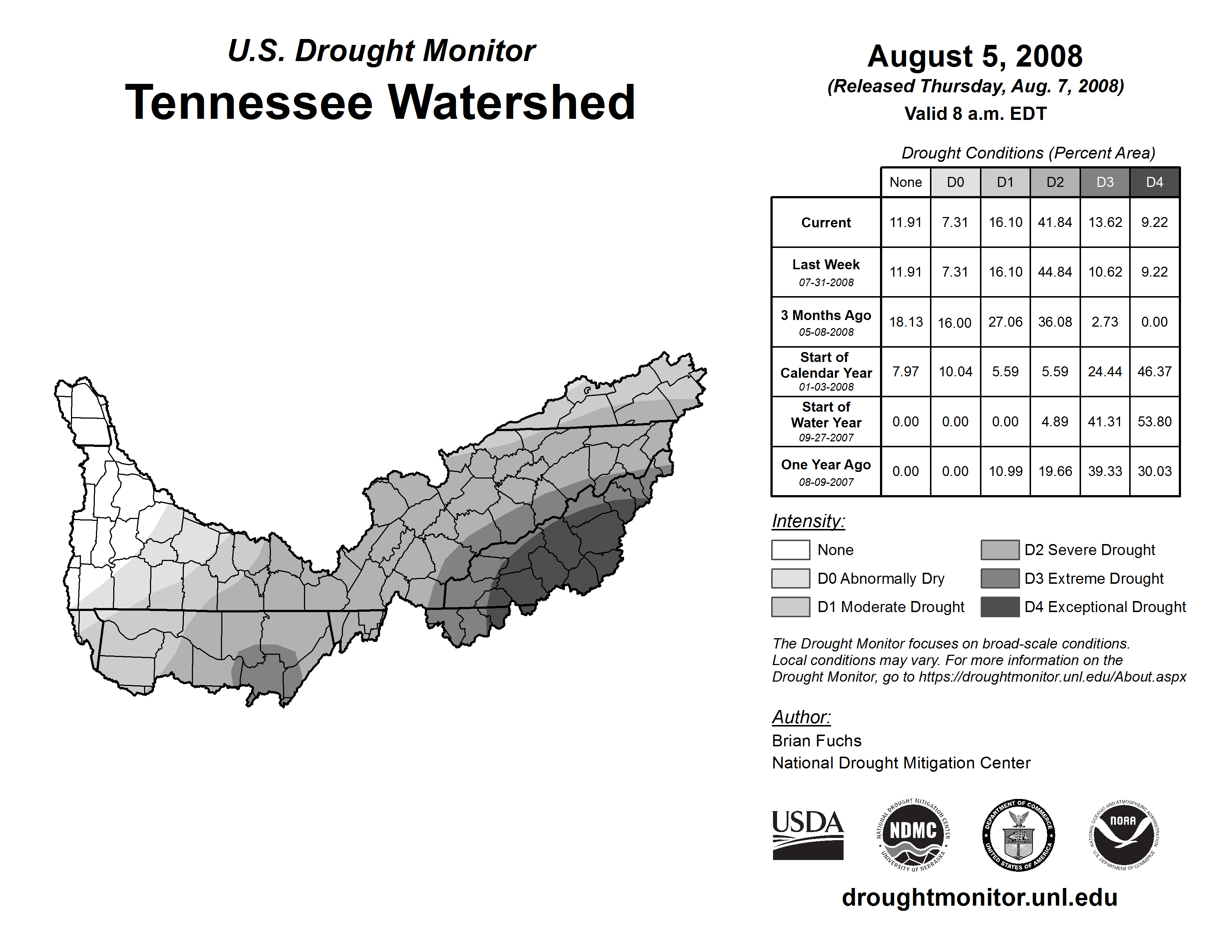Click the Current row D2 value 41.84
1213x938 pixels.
click(x=1055, y=222)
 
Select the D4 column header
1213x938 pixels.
click(x=1154, y=182)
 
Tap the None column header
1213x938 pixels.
click(x=905, y=182)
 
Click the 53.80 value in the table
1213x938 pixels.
click(x=1154, y=422)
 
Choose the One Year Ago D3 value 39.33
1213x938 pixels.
click(x=1105, y=471)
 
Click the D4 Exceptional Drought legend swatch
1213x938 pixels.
click(x=1000, y=607)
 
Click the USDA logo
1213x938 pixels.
click(x=808, y=835)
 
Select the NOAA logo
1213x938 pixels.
click(x=1123, y=835)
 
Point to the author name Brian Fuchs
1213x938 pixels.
click(x=816, y=741)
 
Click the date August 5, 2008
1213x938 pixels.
click(x=975, y=56)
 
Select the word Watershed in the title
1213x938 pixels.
click(x=511, y=102)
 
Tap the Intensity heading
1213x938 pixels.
click(x=808, y=521)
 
